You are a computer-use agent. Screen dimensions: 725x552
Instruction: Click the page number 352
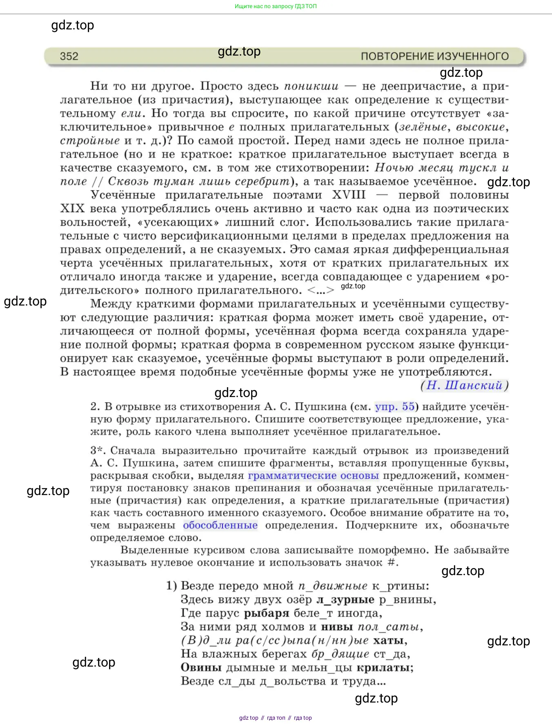(x=69, y=56)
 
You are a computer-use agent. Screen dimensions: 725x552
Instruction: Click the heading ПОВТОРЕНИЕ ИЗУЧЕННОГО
(x=434, y=56)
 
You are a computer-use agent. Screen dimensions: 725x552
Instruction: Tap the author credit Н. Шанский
(x=465, y=386)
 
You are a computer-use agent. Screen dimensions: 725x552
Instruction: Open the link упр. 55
(x=394, y=407)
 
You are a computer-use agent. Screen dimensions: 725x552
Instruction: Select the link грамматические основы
(x=313, y=476)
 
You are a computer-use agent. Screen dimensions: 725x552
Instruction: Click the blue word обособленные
(x=220, y=525)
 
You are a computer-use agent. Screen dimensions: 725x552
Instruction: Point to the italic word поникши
(x=311, y=86)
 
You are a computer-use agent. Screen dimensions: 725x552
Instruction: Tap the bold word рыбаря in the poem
(x=267, y=613)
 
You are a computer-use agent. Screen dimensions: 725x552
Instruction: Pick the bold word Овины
(x=201, y=668)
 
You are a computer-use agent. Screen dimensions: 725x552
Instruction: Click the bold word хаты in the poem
(x=390, y=640)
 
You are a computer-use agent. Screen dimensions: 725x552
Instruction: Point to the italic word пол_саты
(x=390, y=627)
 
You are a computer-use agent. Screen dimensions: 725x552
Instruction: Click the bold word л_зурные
(x=345, y=600)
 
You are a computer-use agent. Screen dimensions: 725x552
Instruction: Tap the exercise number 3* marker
(x=98, y=451)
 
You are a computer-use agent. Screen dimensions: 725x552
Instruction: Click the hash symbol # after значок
(x=392, y=562)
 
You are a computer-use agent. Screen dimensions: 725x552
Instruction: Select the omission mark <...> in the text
(x=321, y=290)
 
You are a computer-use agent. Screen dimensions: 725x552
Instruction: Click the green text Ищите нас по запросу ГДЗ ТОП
(x=276, y=7)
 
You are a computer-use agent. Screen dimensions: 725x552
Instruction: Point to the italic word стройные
(x=90, y=141)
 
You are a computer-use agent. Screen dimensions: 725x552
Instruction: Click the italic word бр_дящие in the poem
(x=340, y=654)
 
